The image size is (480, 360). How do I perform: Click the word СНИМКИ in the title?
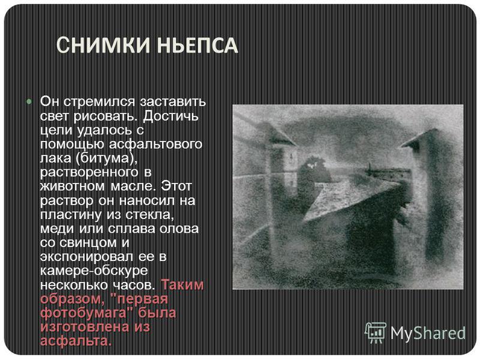(103, 46)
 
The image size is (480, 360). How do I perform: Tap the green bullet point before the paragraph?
(29, 101)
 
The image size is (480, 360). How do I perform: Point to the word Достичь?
(170, 116)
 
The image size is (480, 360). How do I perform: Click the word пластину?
(71, 215)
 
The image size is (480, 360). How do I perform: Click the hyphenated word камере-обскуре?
(94, 271)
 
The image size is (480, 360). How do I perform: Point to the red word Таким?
(182, 284)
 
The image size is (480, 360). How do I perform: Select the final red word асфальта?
(76, 341)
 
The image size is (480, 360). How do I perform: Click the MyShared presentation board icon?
(376, 333)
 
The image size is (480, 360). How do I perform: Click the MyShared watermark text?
(428, 333)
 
